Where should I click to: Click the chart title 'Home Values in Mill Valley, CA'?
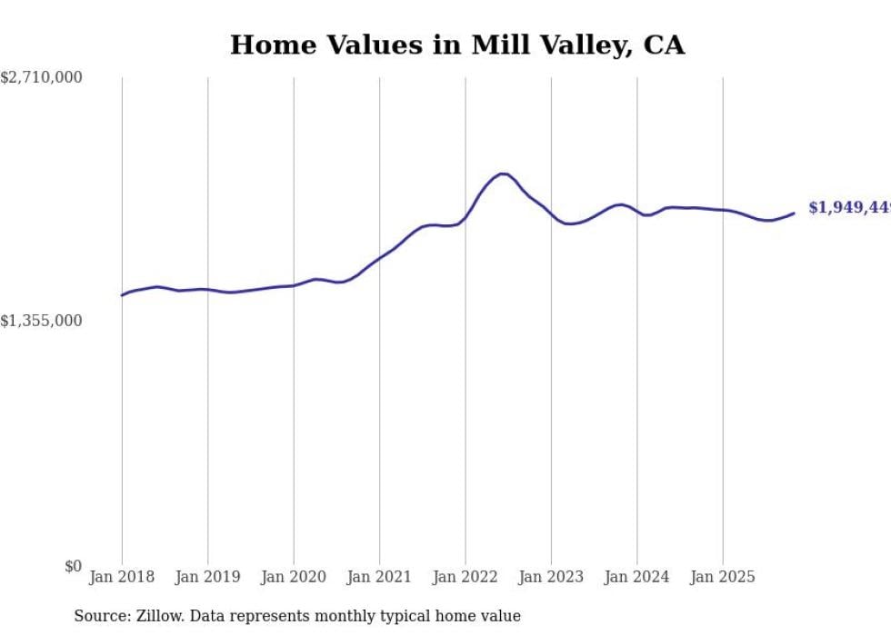(x=456, y=45)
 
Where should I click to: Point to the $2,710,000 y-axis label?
(x=42, y=78)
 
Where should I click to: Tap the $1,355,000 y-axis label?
(x=42, y=321)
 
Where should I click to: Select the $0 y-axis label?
(x=73, y=566)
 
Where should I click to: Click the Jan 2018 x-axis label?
(x=122, y=577)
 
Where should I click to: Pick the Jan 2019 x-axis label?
(x=207, y=577)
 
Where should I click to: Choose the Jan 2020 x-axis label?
(x=294, y=577)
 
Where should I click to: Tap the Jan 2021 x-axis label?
(x=379, y=577)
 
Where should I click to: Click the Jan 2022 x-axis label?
(x=466, y=577)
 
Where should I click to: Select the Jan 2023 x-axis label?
(x=551, y=577)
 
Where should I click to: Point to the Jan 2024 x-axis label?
(x=636, y=577)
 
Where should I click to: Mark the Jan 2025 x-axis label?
(x=723, y=577)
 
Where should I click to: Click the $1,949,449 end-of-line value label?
(x=849, y=208)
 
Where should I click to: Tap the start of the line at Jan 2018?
(x=122, y=295)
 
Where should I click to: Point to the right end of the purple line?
(x=794, y=213)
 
